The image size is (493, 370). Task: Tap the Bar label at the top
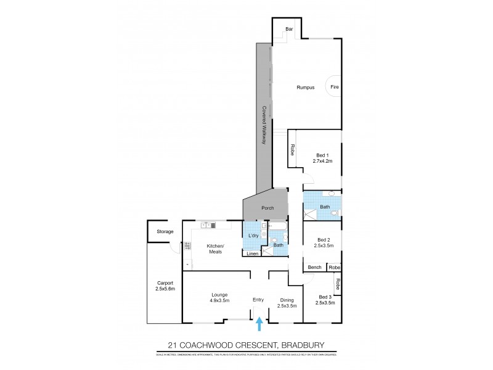click(x=288, y=29)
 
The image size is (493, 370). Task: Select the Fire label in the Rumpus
click(x=335, y=88)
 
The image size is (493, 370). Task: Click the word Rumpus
click(x=305, y=88)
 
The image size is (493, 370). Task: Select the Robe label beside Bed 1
click(x=292, y=149)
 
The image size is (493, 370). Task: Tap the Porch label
click(x=267, y=208)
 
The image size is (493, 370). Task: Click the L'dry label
click(x=253, y=236)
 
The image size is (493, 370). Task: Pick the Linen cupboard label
click(x=252, y=253)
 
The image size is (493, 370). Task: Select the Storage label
click(x=165, y=232)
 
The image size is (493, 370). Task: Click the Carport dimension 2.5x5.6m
click(x=165, y=290)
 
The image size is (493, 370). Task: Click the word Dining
click(x=287, y=300)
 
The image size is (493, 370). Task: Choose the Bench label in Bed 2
click(x=314, y=267)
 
